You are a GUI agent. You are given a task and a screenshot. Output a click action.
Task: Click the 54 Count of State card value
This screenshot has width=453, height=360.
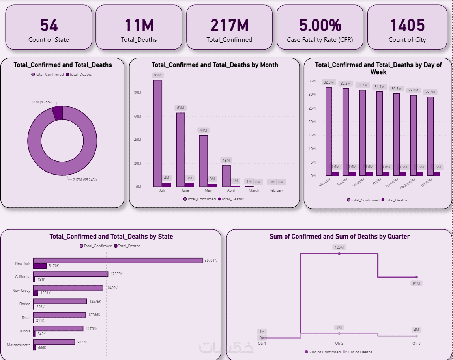pos(49,26)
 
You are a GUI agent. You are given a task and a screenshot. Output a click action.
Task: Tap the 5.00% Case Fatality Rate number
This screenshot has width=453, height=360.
pos(320,26)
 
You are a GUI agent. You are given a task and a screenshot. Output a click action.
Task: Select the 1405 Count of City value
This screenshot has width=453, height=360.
pos(407,26)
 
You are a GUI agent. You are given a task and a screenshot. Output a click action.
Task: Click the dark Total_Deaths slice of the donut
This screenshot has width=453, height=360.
pos(58,113)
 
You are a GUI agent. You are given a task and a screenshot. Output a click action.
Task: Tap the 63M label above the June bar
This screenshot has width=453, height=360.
pos(181,108)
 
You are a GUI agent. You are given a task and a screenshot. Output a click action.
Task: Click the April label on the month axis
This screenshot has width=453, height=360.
pos(231,190)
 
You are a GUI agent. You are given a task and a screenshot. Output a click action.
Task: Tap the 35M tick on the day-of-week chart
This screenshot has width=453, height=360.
pos(312,81)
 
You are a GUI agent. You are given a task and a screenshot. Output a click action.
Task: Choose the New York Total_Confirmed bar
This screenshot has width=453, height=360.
pos(118,261)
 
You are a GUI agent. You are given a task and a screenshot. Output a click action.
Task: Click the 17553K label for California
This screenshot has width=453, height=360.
pos(116,274)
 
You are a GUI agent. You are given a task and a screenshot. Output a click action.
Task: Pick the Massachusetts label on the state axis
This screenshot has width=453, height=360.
pos(19,345)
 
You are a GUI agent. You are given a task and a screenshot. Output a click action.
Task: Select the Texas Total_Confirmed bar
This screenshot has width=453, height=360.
pos(59,315)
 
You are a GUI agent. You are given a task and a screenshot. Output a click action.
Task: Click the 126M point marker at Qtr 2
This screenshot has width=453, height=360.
pos(339,254)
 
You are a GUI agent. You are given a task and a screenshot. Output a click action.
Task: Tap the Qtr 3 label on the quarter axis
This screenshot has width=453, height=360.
pos(416,343)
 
